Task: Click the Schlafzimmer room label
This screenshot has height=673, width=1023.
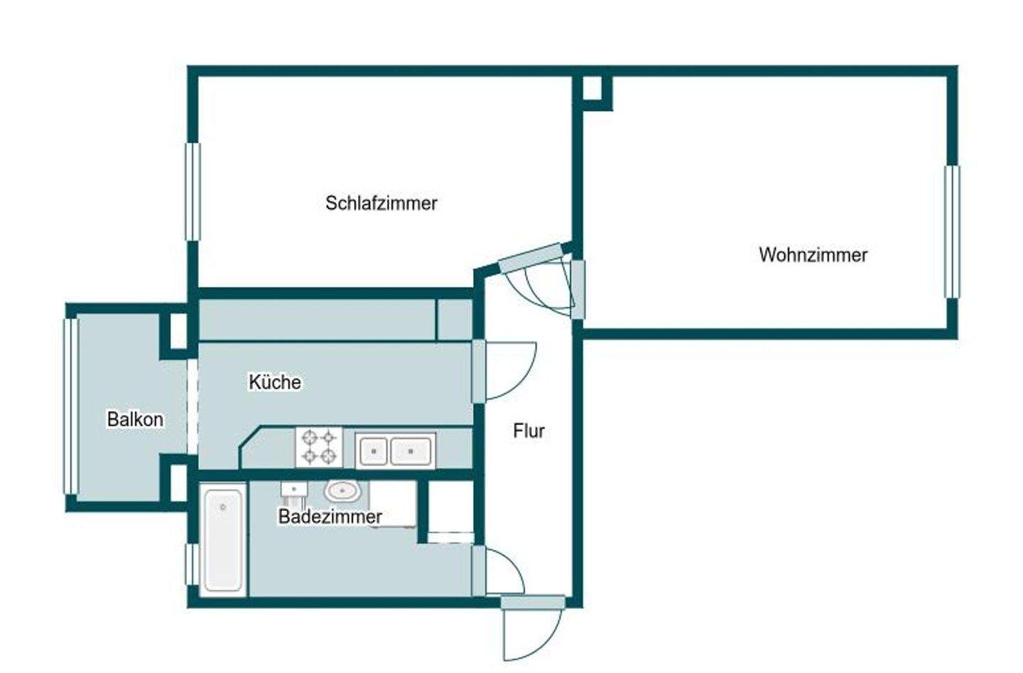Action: coord(381,203)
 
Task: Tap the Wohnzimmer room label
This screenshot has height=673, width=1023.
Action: coord(813,254)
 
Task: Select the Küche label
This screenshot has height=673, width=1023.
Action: coord(274,382)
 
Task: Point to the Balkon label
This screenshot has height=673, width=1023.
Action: coord(135,419)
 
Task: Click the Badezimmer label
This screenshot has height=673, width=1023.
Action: coord(330,517)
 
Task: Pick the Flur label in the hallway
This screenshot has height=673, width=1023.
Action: coord(529,431)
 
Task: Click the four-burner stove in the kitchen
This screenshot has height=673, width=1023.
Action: coord(319,447)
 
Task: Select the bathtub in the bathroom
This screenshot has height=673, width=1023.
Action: coord(223,539)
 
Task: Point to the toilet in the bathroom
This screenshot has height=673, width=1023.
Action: coord(293,490)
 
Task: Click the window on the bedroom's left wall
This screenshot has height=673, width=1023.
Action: coord(193,191)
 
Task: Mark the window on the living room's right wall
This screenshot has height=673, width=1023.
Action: coord(951,232)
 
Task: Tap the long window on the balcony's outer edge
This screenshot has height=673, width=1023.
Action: coord(70,406)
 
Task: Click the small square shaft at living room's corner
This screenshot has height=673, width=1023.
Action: coord(592,89)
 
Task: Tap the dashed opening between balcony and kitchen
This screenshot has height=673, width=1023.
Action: coord(192,405)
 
